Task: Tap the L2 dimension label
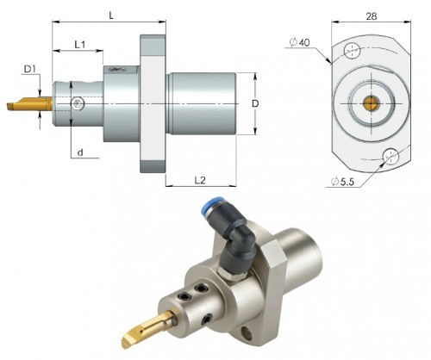click(x=199, y=180)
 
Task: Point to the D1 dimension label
click(x=30, y=68)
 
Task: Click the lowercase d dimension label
click(x=79, y=153)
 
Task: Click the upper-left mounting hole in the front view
click(x=352, y=52)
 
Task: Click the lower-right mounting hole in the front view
click(x=391, y=156)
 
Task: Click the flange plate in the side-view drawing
click(x=153, y=104)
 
